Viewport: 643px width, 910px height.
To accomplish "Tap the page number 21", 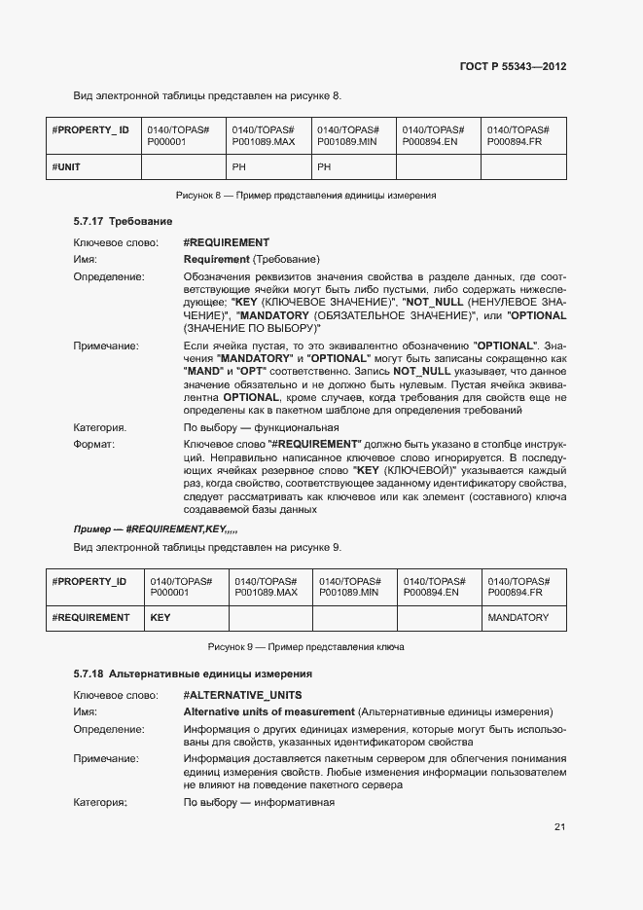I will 559,827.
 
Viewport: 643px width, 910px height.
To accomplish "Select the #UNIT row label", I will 66,167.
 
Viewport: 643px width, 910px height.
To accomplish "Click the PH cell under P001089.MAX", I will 239,167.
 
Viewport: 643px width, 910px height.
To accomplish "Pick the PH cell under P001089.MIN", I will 325,167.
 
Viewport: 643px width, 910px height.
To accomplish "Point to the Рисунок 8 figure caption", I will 304,196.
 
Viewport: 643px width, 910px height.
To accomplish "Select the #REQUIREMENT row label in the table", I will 90,617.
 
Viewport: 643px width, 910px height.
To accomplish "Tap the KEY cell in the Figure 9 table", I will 160,617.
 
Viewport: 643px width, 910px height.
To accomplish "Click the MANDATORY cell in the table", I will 518,617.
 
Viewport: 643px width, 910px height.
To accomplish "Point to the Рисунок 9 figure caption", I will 305,646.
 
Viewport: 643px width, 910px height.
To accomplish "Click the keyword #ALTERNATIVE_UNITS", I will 242,695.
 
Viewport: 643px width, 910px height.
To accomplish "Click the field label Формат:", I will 94,444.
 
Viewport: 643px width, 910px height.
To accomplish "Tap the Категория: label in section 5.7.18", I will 100,803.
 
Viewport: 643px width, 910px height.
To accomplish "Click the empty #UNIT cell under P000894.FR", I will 523,167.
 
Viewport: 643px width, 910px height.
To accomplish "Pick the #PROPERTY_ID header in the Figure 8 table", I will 89,129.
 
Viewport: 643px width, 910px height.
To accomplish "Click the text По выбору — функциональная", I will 261,427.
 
